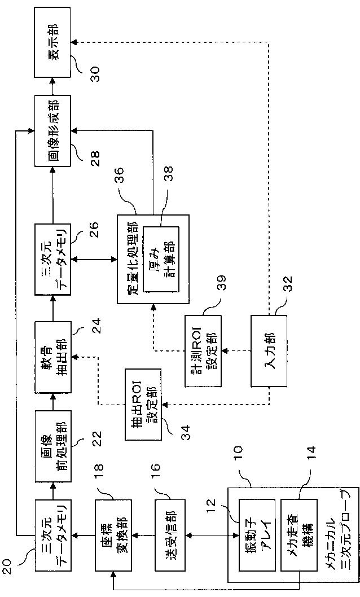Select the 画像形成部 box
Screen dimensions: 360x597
[x=52, y=130]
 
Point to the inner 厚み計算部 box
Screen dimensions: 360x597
[x=161, y=259]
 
